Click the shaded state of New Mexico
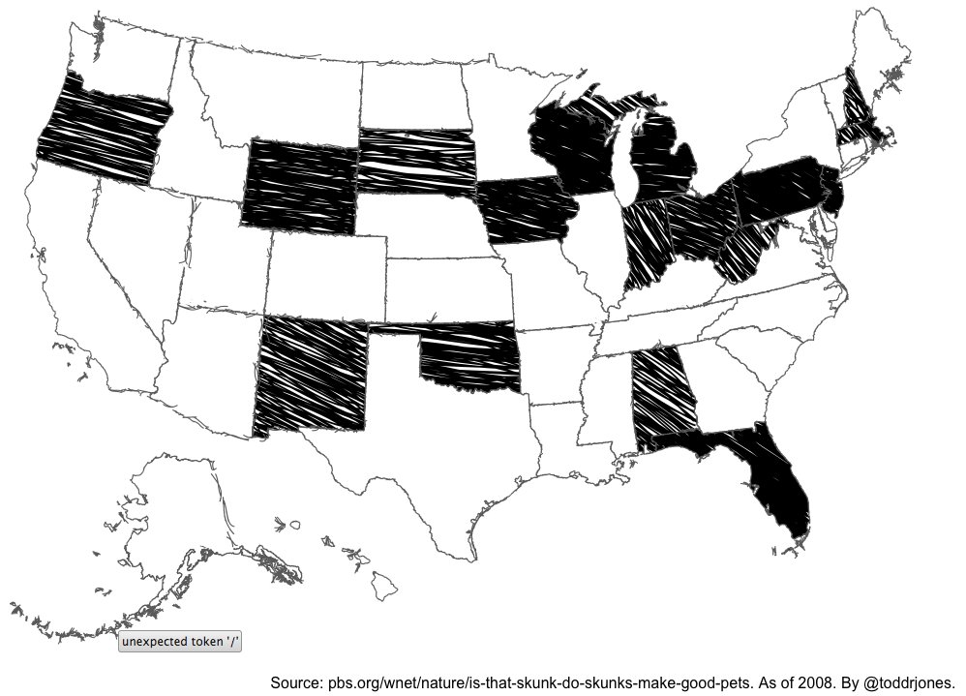(x=313, y=373)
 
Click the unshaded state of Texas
(x=436, y=455)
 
